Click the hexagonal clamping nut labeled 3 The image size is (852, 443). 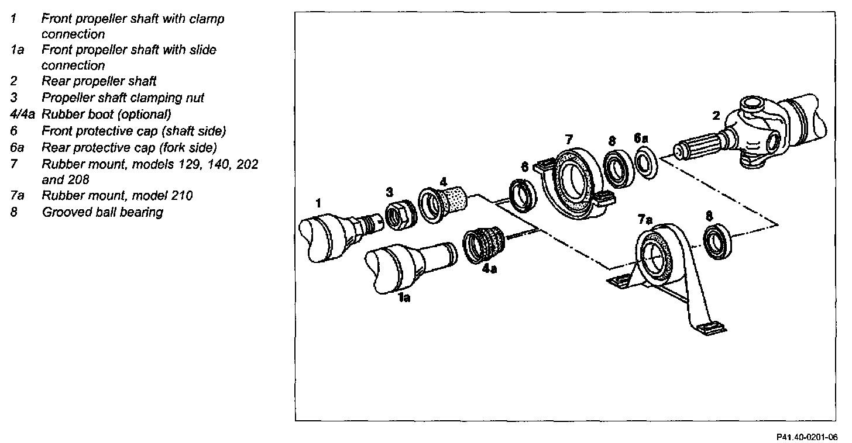tap(400, 214)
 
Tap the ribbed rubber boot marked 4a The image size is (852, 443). tap(485, 247)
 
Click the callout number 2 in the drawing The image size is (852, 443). tap(716, 115)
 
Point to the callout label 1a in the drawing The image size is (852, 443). tap(403, 298)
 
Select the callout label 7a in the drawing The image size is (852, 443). tap(644, 219)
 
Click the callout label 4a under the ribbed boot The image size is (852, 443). tap(490, 271)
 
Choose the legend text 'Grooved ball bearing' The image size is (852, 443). tap(102, 212)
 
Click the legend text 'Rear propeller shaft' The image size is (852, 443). tap(99, 81)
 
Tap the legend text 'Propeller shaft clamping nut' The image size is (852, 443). tap(123, 98)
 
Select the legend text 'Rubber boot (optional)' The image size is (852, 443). tap(106, 114)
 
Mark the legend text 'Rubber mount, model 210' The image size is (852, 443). tap(117, 195)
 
